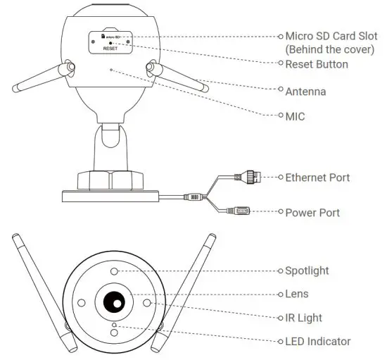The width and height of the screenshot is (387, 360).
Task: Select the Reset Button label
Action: (x=317, y=64)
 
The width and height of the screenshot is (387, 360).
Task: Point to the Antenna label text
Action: (x=305, y=91)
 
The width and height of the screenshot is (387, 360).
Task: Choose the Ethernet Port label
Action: (x=317, y=178)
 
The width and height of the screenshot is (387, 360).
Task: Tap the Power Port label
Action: (x=312, y=212)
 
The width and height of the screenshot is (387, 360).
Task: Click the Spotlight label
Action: (x=307, y=270)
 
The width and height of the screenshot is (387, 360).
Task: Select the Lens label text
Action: (x=297, y=293)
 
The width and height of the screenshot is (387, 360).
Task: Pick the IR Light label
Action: (x=303, y=318)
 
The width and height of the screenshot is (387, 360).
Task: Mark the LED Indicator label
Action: (x=317, y=342)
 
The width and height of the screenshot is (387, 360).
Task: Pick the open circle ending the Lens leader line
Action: (x=279, y=293)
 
